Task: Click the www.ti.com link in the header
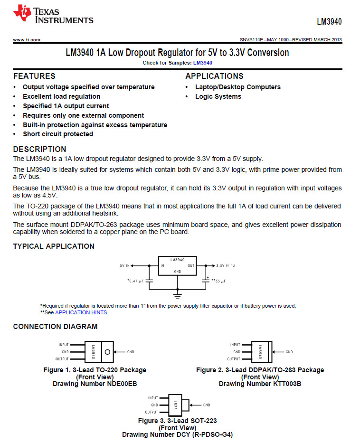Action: coord(27,40)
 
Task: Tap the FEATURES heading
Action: coord(34,76)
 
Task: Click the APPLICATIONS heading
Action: coord(214,76)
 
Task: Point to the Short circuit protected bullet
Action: coord(58,134)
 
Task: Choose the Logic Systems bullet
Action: coord(218,97)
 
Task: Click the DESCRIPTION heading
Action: coord(39,150)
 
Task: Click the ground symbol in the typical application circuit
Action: coord(177,295)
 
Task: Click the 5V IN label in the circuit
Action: coord(124,266)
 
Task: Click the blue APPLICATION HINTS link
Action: coord(81,312)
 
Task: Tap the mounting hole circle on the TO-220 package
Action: coord(108,352)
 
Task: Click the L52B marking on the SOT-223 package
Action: coord(175,405)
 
